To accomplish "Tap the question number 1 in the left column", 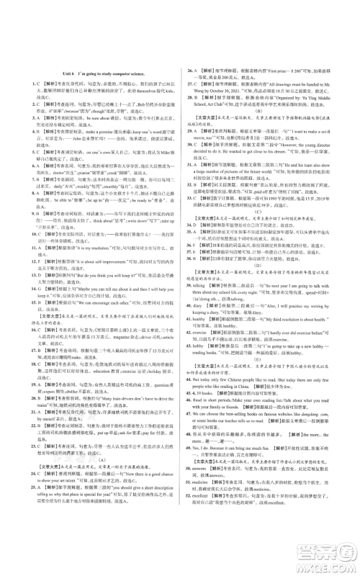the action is pos(16,84).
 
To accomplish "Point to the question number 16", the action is pos(17,323).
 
